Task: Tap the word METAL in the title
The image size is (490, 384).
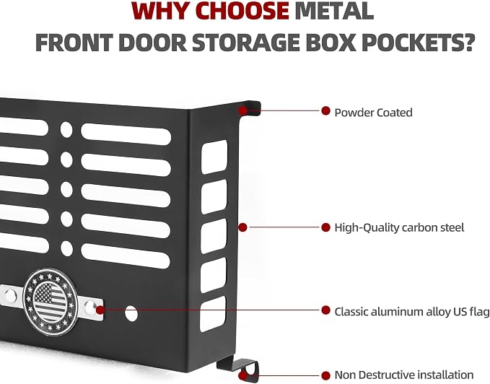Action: (x=334, y=11)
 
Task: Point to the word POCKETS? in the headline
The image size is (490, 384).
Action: (x=418, y=42)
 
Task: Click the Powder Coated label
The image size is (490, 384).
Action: (x=373, y=113)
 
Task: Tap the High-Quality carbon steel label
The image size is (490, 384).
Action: (x=399, y=227)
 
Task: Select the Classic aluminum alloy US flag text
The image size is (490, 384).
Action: (x=412, y=312)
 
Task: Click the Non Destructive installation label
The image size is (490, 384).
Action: (x=403, y=375)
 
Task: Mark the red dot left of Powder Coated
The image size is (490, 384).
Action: (x=325, y=110)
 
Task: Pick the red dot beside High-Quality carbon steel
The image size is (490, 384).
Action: (x=325, y=227)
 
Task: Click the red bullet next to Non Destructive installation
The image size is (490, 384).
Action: (x=325, y=375)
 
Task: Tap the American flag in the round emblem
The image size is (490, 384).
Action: (x=50, y=301)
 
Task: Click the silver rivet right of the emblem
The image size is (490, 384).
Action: (x=89, y=307)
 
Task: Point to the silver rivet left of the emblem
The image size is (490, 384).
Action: (x=10, y=295)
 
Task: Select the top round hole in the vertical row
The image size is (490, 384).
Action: (x=66, y=129)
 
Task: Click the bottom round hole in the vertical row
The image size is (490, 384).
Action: (x=66, y=248)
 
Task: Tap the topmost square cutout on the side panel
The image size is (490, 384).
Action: (x=214, y=157)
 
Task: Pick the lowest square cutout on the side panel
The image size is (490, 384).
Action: (x=213, y=314)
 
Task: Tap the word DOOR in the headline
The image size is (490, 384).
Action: (x=153, y=42)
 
